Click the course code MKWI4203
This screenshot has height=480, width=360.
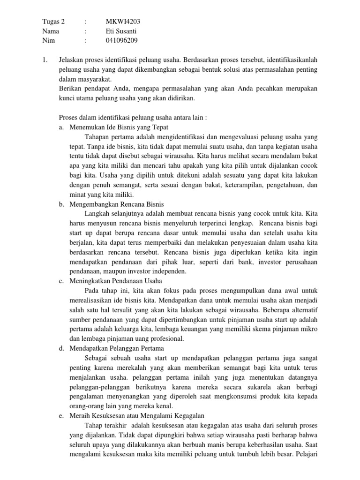click(x=123, y=22)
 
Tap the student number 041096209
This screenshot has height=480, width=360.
click(x=122, y=40)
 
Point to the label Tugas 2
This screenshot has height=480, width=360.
click(x=53, y=22)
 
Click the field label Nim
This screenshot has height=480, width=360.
click(x=48, y=40)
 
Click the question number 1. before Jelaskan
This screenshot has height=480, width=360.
click(x=45, y=60)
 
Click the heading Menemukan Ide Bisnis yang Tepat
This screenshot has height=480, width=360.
click(x=119, y=127)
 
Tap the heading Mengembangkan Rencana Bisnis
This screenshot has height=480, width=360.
click(x=115, y=204)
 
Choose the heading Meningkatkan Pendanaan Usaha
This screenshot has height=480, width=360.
click(x=115, y=281)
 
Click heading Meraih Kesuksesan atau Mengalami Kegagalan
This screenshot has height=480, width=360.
click(x=136, y=416)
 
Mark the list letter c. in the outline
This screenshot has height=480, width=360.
click(x=61, y=281)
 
